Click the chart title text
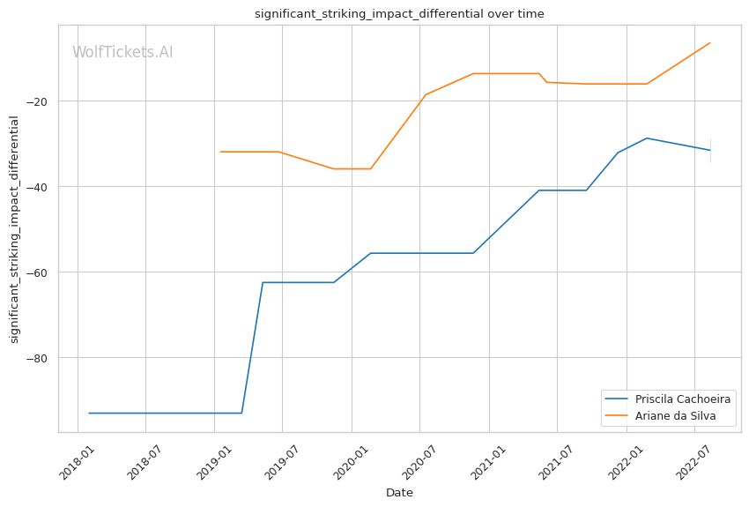(399, 14)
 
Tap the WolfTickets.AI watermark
(122, 53)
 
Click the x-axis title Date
(399, 493)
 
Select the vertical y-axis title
(14, 229)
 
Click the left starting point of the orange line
(220, 152)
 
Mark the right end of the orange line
(710, 42)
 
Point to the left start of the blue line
(89, 413)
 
